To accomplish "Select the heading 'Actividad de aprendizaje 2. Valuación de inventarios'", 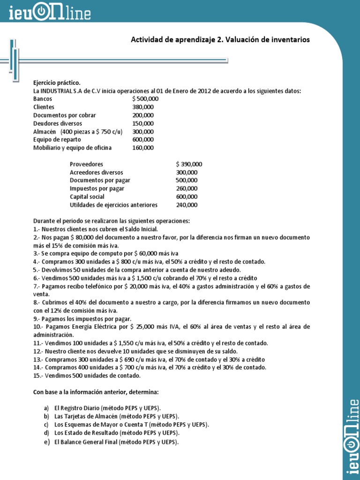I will (220, 40).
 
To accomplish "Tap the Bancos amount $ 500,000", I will (145, 99).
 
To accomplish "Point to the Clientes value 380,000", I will (143, 107).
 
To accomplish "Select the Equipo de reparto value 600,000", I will (143, 140).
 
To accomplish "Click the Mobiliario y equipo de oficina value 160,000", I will (143, 148).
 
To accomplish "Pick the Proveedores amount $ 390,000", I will (189, 164).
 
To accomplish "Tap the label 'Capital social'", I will (87, 197).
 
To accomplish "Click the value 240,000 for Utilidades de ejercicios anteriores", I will (187, 205).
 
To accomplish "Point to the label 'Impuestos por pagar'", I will (97, 188).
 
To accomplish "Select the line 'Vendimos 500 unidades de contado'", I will (87, 375).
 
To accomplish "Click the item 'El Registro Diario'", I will (111, 408).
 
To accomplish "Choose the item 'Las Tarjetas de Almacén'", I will (117, 416).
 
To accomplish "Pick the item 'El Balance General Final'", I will (117, 442).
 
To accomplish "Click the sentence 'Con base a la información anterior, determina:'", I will (98, 392).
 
